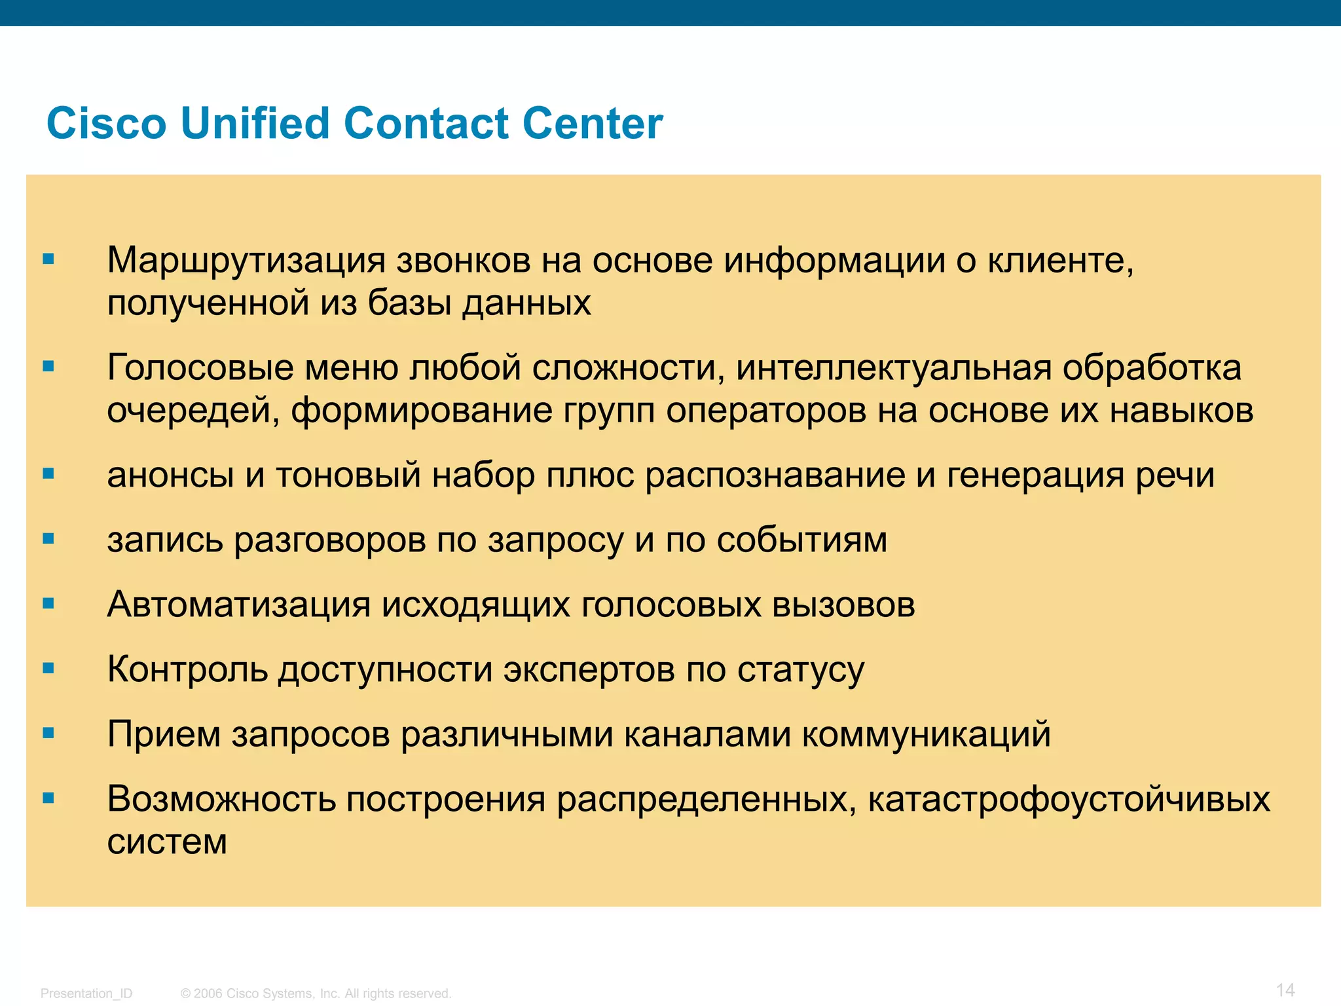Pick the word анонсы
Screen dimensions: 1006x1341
point(170,475)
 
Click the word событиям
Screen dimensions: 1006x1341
point(802,541)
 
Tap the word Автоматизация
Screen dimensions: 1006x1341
point(239,604)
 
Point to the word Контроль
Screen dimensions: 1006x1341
point(187,669)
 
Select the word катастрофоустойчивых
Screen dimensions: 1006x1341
point(1069,799)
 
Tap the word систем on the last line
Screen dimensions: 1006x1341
point(167,842)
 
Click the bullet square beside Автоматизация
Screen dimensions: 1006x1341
point(48,604)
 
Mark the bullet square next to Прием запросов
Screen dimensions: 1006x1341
point(48,734)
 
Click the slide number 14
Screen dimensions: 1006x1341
point(1285,990)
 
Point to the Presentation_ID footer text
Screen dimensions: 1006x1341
point(86,994)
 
